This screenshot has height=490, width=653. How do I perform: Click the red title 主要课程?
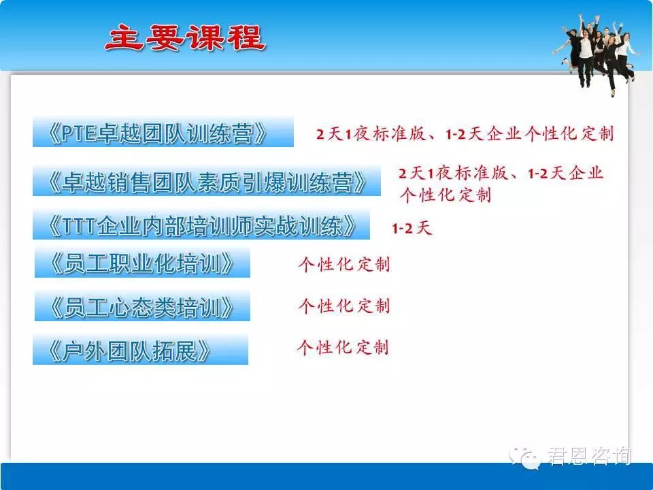coord(185,38)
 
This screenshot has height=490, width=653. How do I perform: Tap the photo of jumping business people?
coord(597,52)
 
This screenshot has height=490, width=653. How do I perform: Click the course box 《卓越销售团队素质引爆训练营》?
coord(207,181)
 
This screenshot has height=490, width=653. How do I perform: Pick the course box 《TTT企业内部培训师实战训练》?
coord(201,225)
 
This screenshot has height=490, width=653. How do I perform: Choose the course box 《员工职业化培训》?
coord(142,263)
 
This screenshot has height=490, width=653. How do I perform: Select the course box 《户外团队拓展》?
coord(140,350)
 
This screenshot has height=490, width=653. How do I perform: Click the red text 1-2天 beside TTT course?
coord(412,228)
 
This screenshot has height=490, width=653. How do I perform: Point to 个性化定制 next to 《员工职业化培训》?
coord(344,264)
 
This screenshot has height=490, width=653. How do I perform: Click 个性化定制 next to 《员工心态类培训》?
coord(344,306)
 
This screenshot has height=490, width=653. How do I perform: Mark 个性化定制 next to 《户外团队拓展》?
coord(343,347)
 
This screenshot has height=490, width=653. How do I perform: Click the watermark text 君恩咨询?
coord(589,456)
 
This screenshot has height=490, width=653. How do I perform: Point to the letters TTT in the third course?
coord(79,226)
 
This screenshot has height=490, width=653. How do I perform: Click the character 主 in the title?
coord(124,38)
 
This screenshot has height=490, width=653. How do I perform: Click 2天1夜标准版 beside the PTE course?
coord(371,134)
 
